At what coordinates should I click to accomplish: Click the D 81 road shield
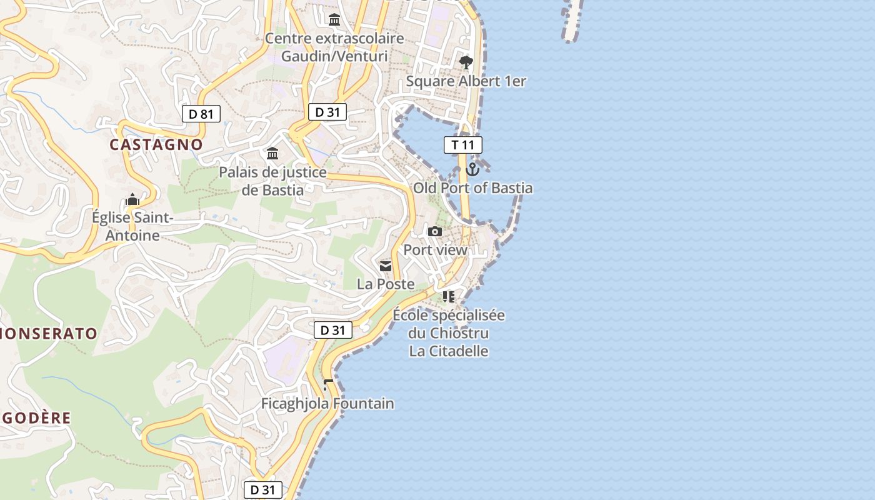tap(201, 114)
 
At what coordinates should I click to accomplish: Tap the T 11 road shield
tap(463, 145)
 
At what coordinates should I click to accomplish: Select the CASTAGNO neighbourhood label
tap(156, 144)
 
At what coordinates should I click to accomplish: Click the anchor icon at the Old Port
tap(472, 169)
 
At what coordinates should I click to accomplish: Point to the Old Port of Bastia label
tap(473, 188)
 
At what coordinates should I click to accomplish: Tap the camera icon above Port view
tap(435, 231)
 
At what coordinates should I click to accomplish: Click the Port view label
tap(435, 250)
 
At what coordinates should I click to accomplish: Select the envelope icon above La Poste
tap(386, 266)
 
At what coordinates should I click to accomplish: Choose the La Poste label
tap(386, 284)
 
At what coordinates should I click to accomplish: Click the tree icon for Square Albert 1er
tap(466, 62)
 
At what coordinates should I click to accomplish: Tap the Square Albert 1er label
tap(466, 81)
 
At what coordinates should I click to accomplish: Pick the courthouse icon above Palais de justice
tap(272, 153)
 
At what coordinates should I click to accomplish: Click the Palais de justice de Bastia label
tap(273, 181)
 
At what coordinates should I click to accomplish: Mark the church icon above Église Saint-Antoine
tap(132, 200)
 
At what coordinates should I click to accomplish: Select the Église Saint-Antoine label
tap(132, 227)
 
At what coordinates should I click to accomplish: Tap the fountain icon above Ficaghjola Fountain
tap(327, 384)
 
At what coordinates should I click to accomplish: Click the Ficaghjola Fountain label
tap(327, 404)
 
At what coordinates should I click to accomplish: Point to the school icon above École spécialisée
tap(448, 296)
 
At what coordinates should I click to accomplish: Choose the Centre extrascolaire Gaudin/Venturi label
tap(334, 47)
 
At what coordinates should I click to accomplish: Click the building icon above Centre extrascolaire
tap(334, 20)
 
